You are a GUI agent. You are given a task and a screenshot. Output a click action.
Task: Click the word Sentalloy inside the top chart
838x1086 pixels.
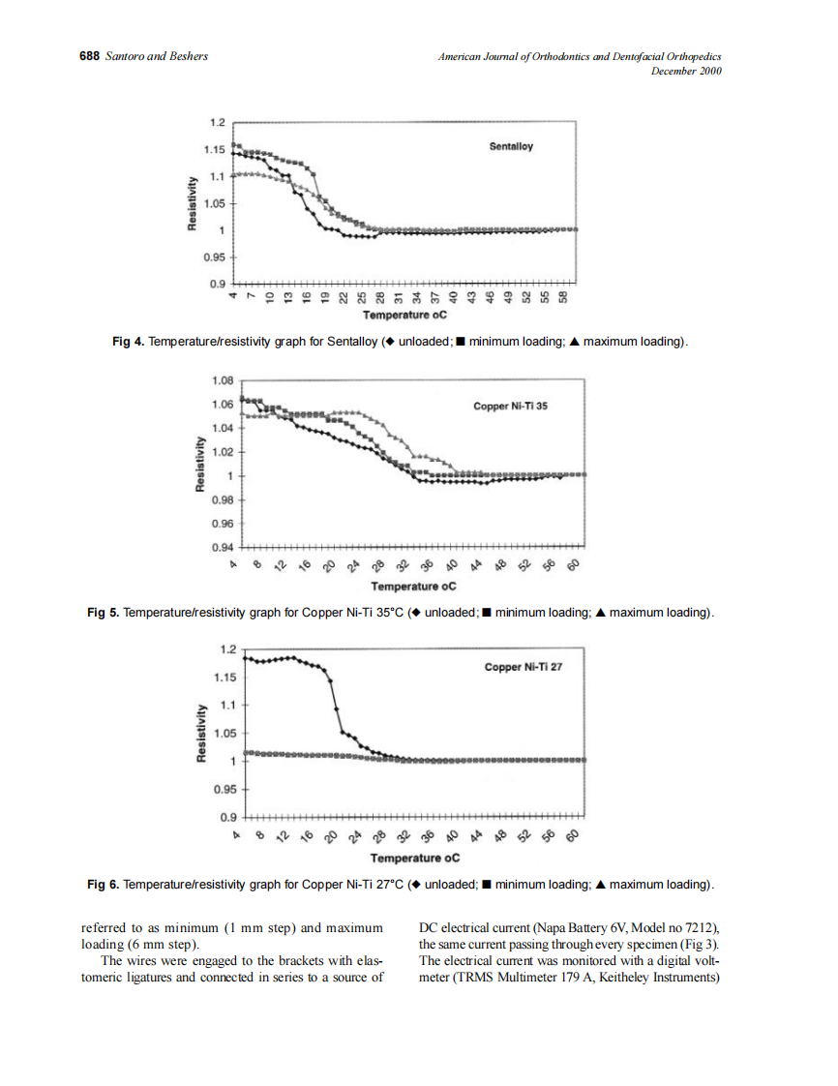point(512,147)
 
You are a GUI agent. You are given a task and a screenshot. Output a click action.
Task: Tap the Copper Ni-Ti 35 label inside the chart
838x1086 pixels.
point(510,407)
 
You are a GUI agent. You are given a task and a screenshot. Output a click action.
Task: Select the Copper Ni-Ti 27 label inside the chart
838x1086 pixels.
point(523,668)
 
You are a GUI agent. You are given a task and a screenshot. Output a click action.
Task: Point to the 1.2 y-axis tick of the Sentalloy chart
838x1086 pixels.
point(217,123)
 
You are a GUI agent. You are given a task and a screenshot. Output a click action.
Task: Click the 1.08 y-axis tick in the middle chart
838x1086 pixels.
point(222,381)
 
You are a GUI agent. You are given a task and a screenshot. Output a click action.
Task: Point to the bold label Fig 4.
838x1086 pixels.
point(128,342)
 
